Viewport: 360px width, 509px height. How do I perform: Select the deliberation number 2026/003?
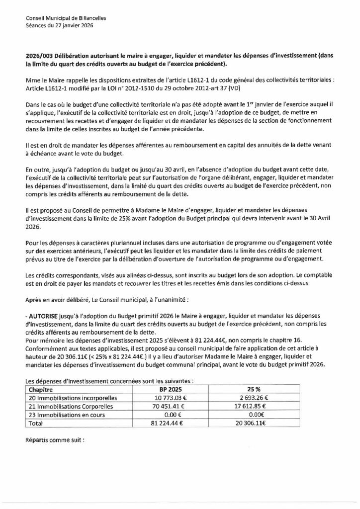[37, 57]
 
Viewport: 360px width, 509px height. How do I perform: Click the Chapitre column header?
[42, 390]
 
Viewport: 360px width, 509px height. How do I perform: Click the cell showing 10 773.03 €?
[162, 398]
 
